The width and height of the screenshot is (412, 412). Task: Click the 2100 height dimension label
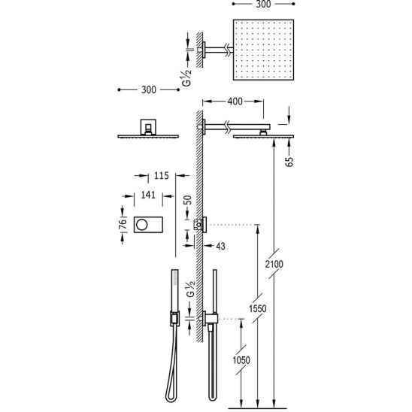(x=274, y=264)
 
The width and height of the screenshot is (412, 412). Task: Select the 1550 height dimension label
(x=258, y=308)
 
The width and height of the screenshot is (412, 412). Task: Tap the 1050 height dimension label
(x=241, y=360)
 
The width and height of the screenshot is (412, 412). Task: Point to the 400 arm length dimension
(x=235, y=101)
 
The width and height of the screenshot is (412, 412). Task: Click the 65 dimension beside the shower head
(x=289, y=162)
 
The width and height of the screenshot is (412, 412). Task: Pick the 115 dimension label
(x=162, y=175)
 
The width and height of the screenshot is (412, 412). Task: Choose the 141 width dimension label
(x=148, y=195)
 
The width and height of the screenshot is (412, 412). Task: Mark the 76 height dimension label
(x=123, y=224)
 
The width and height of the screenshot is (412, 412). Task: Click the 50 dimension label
(x=187, y=200)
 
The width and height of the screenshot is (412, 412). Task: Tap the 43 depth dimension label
(x=221, y=246)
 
